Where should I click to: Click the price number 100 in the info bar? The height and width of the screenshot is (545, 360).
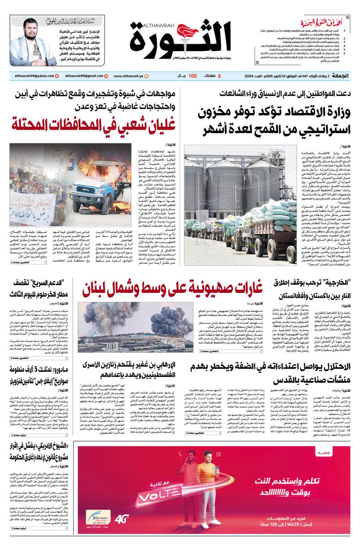(193, 76)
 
